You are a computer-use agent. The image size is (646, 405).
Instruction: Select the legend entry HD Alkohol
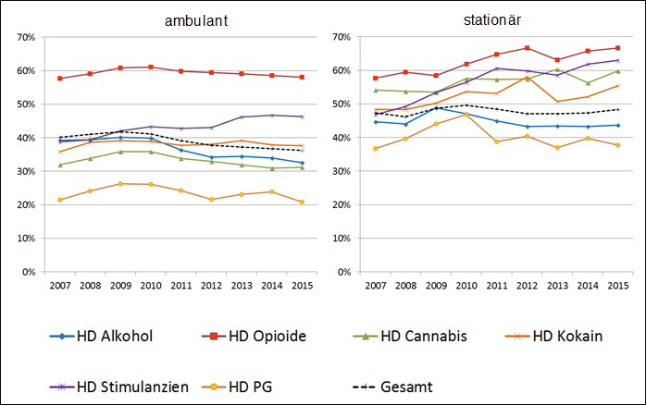click(103, 337)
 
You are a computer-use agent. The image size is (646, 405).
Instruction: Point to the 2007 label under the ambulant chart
click(60, 286)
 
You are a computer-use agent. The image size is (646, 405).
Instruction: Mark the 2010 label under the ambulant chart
click(151, 286)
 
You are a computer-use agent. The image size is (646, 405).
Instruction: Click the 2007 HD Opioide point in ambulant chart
click(60, 79)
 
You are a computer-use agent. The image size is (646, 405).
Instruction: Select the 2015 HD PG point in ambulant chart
click(302, 202)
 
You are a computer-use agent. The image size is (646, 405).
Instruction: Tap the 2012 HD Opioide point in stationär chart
click(527, 48)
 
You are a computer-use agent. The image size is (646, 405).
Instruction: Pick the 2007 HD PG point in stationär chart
click(376, 148)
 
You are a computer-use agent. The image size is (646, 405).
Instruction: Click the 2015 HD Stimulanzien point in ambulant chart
click(302, 117)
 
